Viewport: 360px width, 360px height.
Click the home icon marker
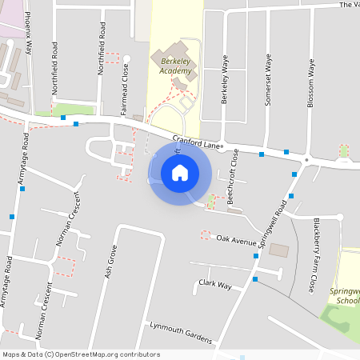tap(180, 172)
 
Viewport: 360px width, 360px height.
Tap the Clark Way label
tap(215, 285)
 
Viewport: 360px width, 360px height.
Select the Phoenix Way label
tap(28, 33)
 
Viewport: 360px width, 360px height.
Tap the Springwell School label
tap(345, 296)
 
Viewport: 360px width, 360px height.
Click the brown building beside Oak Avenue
tap(279, 250)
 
